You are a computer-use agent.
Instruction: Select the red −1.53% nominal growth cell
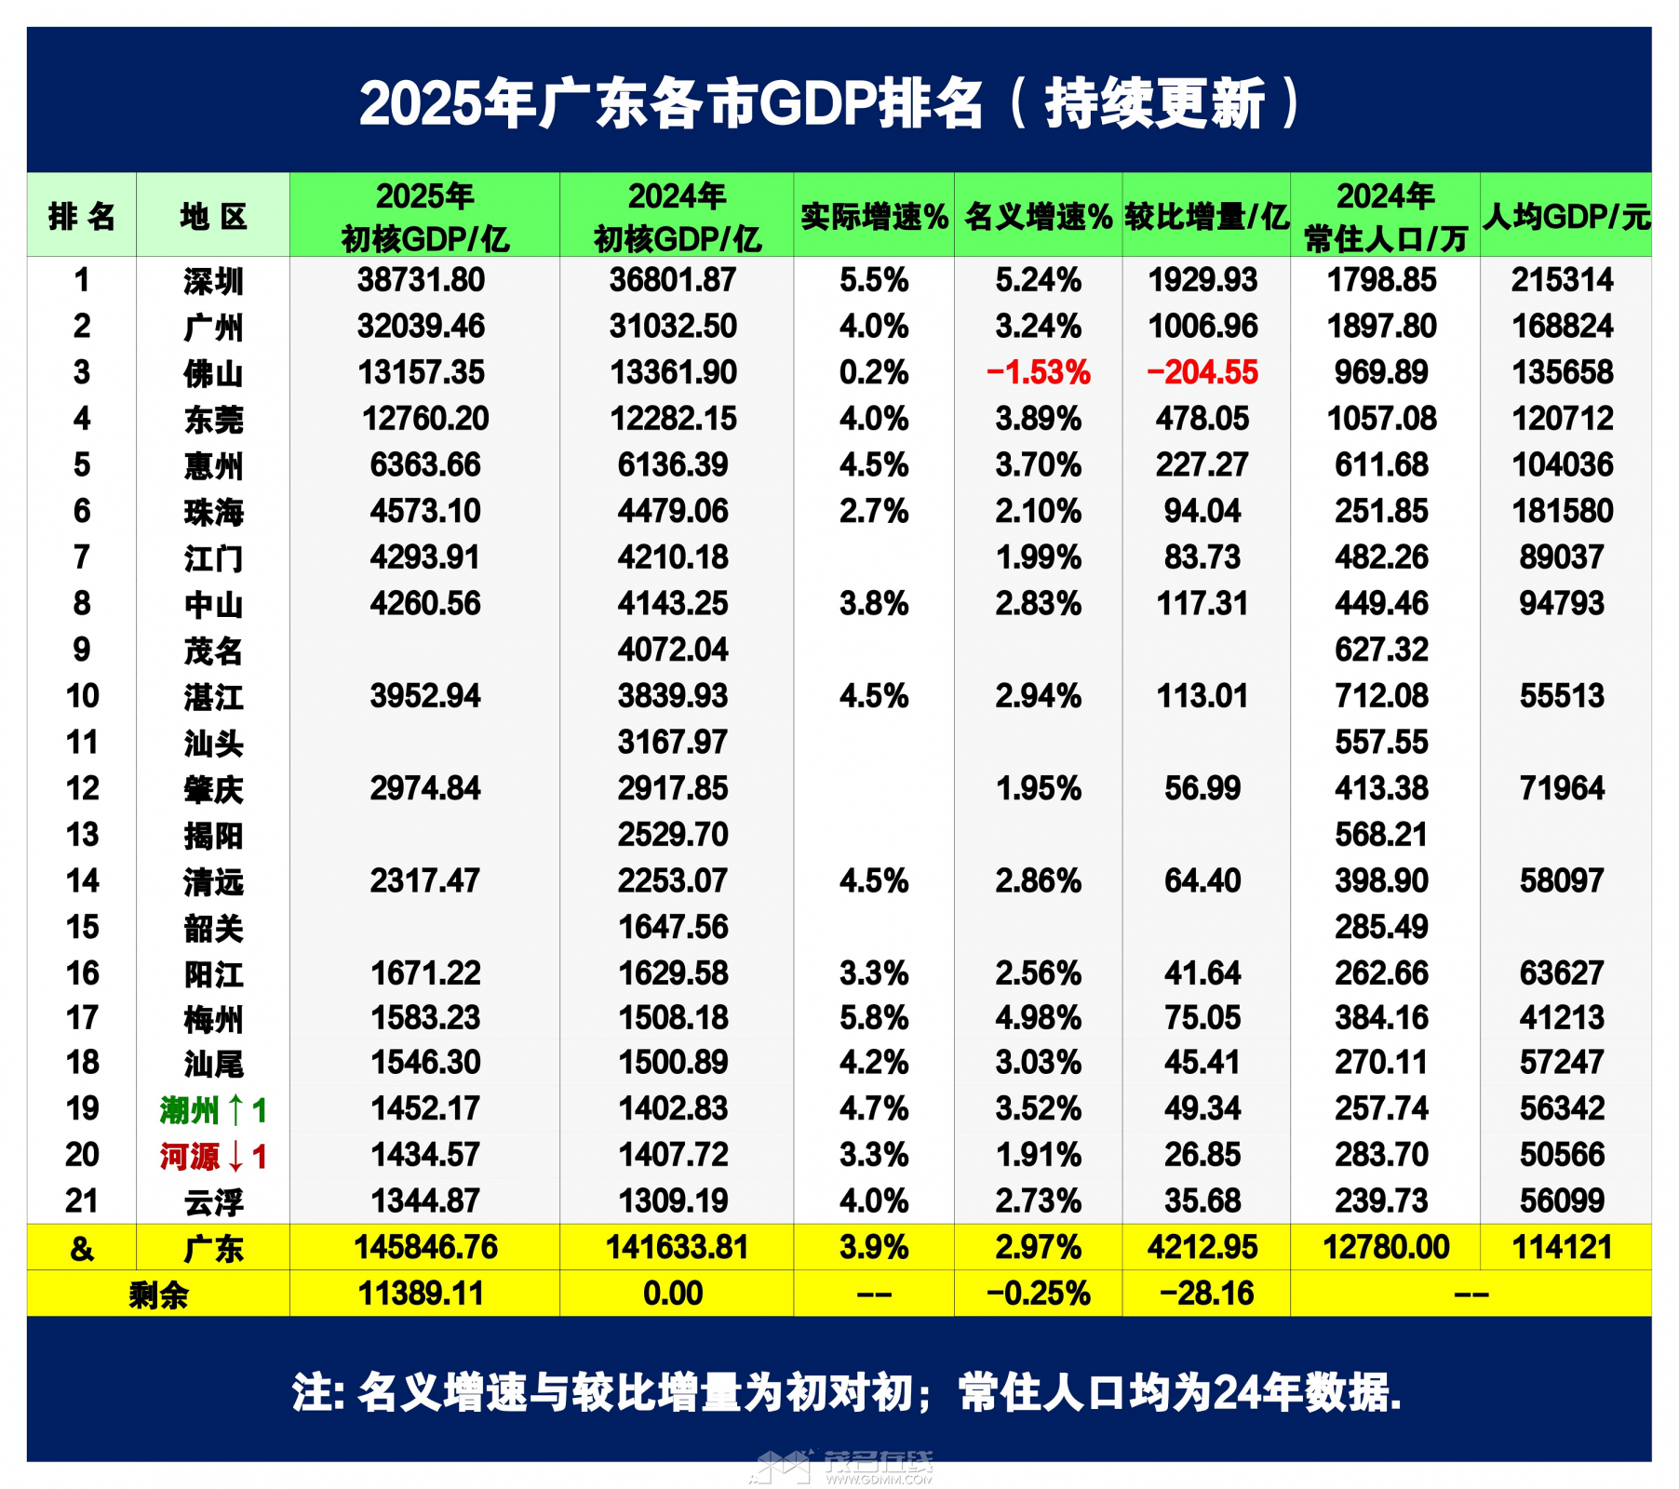click(1038, 373)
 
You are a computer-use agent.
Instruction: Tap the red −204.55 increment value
click(1202, 373)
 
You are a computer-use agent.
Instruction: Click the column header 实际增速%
click(874, 217)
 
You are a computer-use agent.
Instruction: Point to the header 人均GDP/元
click(1565, 217)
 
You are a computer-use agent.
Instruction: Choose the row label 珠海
click(213, 512)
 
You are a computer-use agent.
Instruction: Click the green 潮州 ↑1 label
click(213, 1109)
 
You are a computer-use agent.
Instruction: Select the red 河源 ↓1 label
click(213, 1156)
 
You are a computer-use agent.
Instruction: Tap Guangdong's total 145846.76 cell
click(425, 1247)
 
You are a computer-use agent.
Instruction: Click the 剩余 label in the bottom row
click(158, 1294)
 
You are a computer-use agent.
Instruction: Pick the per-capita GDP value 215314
click(1562, 280)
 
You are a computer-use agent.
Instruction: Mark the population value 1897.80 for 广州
click(1381, 327)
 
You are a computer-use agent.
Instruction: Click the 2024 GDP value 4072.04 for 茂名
click(673, 650)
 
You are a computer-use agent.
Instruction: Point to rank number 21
click(82, 1201)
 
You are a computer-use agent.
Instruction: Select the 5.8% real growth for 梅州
click(873, 1018)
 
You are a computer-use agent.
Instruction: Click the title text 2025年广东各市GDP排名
click(670, 102)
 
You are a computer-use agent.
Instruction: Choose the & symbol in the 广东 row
click(82, 1248)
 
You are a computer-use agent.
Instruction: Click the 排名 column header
click(82, 217)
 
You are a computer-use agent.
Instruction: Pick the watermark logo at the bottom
click(842, 1466)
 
